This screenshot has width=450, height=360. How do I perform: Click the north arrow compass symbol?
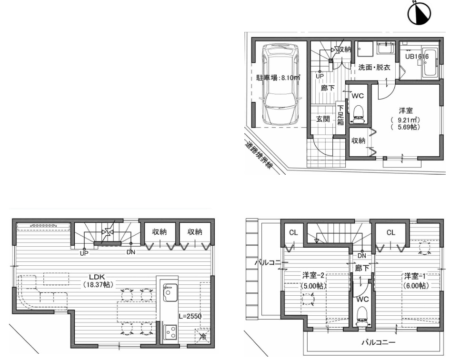[x=420, y=13]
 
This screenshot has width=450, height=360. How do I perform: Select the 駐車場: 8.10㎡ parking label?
[x=278, y=78]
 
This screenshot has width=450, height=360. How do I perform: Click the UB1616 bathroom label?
[x=417, y=57]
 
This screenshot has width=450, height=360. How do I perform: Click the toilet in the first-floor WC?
[x=358, y=114]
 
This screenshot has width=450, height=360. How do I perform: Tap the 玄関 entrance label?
[x=323, y=119]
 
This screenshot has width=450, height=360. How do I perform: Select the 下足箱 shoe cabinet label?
[x=340, y=115]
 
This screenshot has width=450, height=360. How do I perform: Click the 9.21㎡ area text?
[x=406, y=120]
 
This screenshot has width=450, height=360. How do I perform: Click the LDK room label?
[x=97, y=277]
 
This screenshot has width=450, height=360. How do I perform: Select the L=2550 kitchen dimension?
[x=190, y=316]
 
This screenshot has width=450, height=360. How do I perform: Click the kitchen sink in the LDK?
[x=170, y=292]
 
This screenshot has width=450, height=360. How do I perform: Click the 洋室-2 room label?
[x=313, y=276]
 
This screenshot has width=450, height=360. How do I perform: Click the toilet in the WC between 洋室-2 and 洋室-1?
[x=361, y=317]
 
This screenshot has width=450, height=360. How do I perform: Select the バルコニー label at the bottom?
[x=378, y=342]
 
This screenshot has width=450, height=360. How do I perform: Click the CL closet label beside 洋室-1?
[x=390, y=232]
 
